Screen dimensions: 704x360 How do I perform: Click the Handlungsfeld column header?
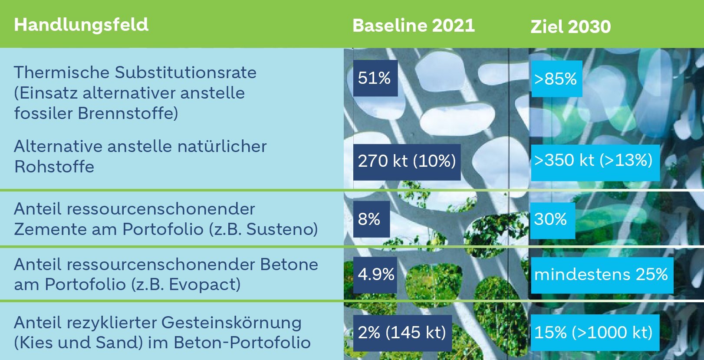point(81,25)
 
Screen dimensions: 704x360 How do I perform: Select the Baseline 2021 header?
point(414,26)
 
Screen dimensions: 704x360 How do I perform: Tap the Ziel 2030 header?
point(570,26)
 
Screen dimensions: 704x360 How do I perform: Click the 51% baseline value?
point(375,78)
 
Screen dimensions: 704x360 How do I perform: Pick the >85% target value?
point(556,79)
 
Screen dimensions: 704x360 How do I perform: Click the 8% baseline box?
point(372,219)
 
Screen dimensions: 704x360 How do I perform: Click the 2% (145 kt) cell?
point(403,333)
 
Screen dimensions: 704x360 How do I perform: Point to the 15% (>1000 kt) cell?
point(595,332)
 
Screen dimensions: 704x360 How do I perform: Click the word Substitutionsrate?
point(185,73)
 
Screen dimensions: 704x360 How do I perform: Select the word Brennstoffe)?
point(128,113)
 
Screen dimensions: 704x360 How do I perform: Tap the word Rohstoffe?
point(54,167)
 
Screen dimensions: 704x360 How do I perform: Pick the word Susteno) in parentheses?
point(282,229)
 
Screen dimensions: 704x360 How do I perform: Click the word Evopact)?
point(205,284)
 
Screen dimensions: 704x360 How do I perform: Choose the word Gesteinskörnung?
point(231,323)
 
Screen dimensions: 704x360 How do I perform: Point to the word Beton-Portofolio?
point(242,343)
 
